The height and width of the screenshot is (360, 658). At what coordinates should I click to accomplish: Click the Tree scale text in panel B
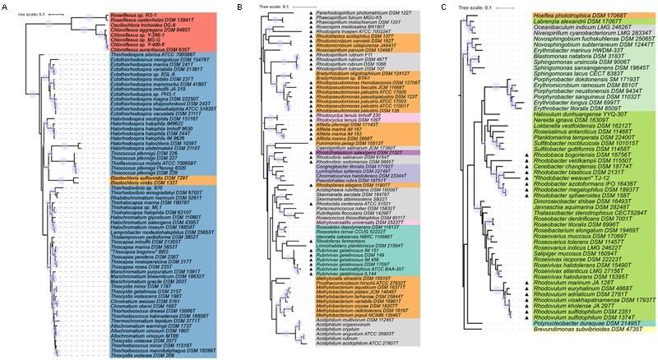(262, 7)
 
